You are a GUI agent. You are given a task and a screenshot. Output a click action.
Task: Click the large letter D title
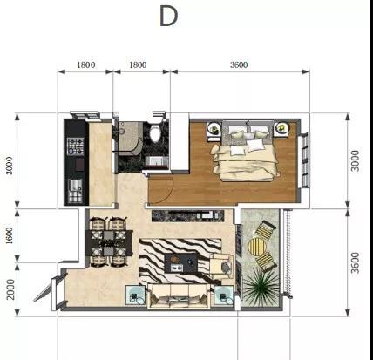click(168, 17)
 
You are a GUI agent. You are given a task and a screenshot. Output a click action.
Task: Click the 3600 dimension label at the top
click(239, 65)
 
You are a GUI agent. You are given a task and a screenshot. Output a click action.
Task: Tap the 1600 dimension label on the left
click(10, 235)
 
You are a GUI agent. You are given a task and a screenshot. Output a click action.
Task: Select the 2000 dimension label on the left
click(10, 289)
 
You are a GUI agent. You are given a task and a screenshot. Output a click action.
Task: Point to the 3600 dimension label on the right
click(355, 263)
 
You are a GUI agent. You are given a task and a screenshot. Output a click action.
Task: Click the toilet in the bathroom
click(156, 132)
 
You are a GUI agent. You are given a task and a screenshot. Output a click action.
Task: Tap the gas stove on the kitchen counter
click(76, 146)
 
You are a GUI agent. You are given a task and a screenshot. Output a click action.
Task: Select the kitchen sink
click(75, 191)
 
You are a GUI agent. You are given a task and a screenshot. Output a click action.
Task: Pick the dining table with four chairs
click(109, 242)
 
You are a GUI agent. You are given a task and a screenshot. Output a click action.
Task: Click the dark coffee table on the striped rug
click(180, 263)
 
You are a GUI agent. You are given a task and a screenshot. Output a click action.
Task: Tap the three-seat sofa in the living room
click(179, 296)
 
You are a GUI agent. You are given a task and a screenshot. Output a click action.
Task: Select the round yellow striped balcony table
click(257, 247)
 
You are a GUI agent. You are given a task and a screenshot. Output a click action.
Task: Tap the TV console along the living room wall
click(187, 216)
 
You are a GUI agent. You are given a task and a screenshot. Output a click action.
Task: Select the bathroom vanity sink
click(157, 161)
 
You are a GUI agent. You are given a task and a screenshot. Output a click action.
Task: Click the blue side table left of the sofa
click(135, 295)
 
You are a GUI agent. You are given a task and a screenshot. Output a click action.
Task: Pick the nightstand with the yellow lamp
click(281, 129)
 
